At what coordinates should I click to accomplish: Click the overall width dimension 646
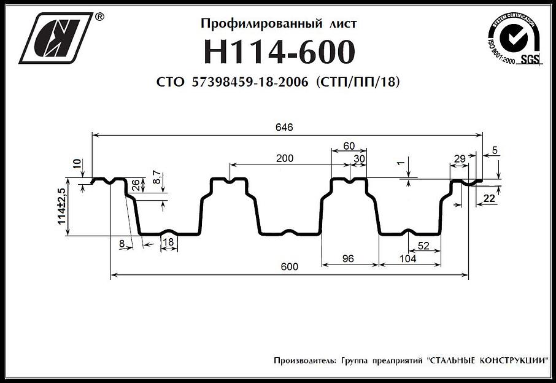pyautogui.click(x=284, y=127)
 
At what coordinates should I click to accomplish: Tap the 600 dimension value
pyautogui.click(x=290, y=266)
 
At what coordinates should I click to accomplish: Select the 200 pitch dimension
pyautogui.click(x=284, y=158)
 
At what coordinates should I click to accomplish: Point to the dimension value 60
pyautogui.click(x=349, y=146)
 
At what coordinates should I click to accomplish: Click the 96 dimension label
pyautogui.click(x=348, y=258)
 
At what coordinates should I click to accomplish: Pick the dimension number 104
pyautogui.click(x=407, y=258)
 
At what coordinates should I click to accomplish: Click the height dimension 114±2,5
pyautogui.click(x=62, y=207)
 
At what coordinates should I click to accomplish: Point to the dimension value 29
pyautogui.click(x=458, y=159)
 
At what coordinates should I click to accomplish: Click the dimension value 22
pyautogui.click(x=489, y=198)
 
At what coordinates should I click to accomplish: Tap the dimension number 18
pyautogui.click(x=169, y=243)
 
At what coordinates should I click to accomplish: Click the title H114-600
pyautogui.click(x=279, y=52)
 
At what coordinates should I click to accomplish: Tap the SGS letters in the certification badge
pyautogui.click(x=529, y=60)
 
